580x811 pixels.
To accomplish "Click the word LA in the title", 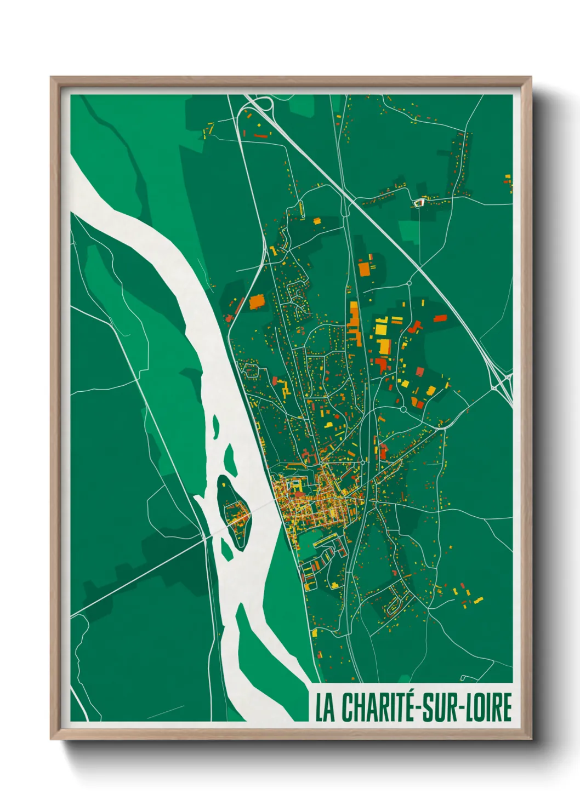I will [325, 707].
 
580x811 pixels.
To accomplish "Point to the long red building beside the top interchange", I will [260, 134].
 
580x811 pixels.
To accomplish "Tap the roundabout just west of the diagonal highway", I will [409, 283].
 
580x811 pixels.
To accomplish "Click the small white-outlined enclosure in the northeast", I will [419, 203].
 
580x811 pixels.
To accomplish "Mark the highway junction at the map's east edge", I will [505, 384].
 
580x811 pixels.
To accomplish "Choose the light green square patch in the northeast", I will [408, 231].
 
